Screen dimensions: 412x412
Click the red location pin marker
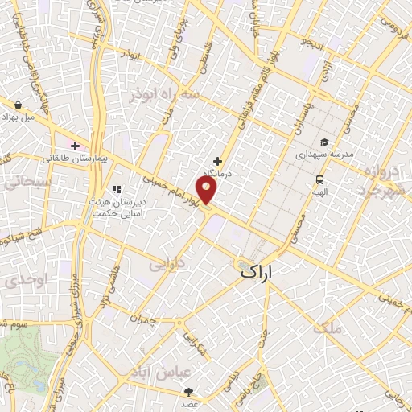[x=208, y=189]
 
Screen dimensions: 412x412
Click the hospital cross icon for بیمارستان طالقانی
[x=75, y=146]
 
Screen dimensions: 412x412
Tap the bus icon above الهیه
[x=320, y=180]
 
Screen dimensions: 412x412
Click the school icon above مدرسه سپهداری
[x=324, y=140]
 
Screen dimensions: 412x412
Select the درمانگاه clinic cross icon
[x=217, y=160]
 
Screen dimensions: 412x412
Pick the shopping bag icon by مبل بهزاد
[x=19, y=104]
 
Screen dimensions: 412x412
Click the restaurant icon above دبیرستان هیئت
[x=117, y=190]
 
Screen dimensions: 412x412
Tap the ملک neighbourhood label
[x=330, y=328]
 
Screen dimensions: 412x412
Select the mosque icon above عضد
[x=189, y=392]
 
